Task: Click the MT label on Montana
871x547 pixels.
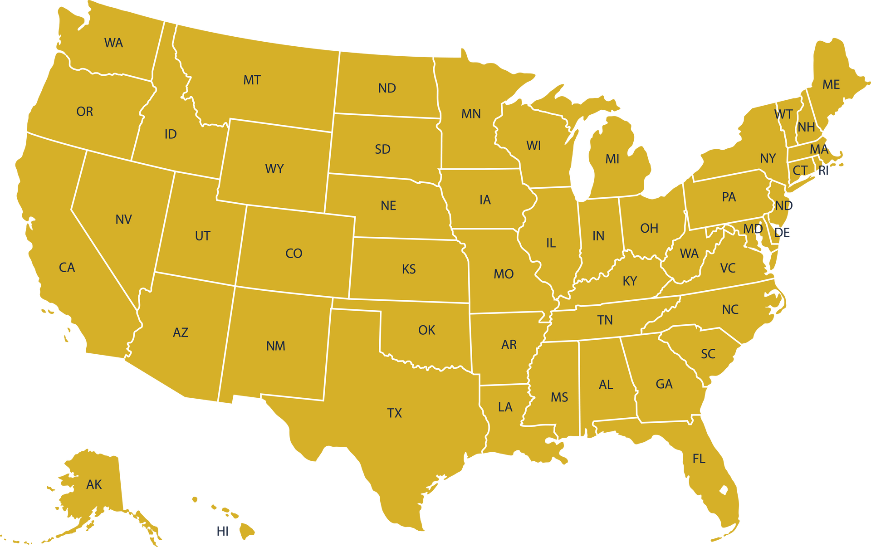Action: click(252, 80)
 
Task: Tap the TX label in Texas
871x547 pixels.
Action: click(394, 413)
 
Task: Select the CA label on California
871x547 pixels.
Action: click(67, 268)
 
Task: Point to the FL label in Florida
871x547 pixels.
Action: click(699, 459)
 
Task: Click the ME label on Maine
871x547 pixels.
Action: click(831, 85)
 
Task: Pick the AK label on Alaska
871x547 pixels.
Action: click(94, 485)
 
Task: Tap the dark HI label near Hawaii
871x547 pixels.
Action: click(222, 531)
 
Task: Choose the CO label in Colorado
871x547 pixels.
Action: click(294, 254)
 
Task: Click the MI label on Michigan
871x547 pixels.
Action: click(612, 159)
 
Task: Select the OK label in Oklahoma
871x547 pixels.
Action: click(426, 330)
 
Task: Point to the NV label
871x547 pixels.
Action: click(123, 220)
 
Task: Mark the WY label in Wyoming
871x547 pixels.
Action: click(274, 169)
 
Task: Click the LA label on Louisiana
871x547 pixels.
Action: click(505, 407)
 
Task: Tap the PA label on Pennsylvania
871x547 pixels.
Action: click(729, 197)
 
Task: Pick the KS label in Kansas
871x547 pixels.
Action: click(408, 269)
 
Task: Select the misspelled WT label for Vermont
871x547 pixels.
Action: click(783, 114)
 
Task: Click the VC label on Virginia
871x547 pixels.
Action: click(728, 269)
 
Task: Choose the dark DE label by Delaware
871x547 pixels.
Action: click(783, 233)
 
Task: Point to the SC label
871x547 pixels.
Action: click(708, 354)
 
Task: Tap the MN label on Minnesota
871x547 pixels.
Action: click(471, 114)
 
